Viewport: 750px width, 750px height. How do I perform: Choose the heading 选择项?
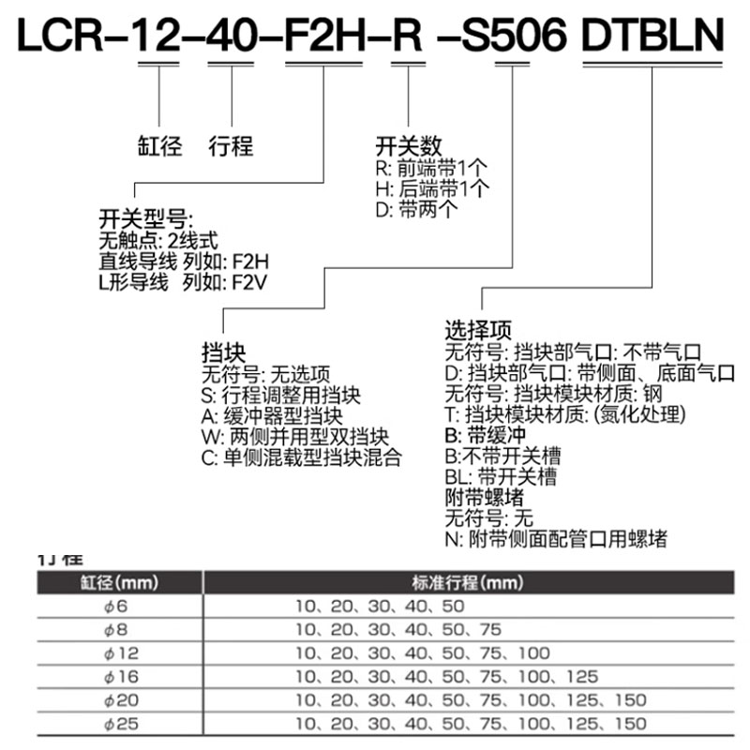478,331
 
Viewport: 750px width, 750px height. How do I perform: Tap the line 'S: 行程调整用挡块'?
280,396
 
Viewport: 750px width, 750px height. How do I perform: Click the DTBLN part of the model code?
653,36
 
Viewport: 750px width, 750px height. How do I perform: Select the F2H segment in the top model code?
322,36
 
